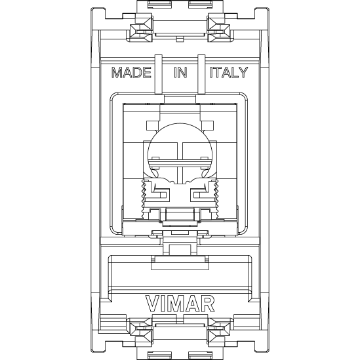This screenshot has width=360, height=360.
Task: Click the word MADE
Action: tap(131, 72)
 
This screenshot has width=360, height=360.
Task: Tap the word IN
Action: tap(180, 72)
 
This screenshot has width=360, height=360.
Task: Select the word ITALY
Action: tap(229, 72)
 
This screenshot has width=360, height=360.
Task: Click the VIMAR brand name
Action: tap(180, 304)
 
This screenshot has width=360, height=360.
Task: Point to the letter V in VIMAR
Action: tap(152, 304)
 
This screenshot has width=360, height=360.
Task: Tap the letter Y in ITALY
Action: tap(243, 72)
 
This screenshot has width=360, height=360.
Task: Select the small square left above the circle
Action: tap(152, 125)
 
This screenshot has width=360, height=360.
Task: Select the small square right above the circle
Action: tap(207, 125)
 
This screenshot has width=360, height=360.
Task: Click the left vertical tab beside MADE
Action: tap(159, 74)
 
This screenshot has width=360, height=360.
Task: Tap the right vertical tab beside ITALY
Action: tap(201, 74)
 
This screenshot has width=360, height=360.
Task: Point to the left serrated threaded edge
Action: tap(144, 199)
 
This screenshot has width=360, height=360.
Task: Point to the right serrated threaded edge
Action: tap(216, 199)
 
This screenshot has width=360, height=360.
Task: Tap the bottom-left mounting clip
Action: tap(140, 330)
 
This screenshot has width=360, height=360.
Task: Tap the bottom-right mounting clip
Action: tap(220, 330)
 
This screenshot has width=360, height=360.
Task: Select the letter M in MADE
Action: tap(117, 72)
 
